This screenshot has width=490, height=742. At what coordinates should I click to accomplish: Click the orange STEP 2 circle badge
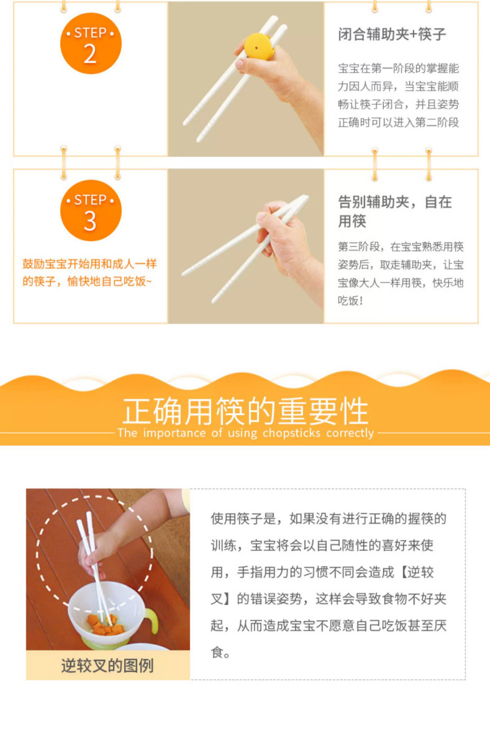[91, 43]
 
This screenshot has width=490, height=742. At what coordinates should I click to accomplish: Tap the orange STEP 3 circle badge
[91, 211]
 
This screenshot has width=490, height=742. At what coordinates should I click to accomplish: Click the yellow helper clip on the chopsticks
[258, 46]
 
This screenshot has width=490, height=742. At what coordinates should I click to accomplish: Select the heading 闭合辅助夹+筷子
[392, 35]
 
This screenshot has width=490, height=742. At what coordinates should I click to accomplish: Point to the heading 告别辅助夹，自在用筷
[395, 212]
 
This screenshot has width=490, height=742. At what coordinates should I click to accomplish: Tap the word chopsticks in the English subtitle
[292, 433]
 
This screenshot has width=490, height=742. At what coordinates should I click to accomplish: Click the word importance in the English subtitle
[174, 433]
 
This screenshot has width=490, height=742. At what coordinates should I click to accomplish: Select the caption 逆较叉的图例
[107, 666]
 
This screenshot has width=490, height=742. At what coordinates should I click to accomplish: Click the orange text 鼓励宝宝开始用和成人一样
[90, 264]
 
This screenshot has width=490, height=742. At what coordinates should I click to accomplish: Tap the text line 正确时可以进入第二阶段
[398, 123]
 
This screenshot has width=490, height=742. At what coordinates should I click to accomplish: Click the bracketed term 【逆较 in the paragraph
[417, 572]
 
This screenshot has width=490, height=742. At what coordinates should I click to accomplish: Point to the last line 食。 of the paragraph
[220, 652]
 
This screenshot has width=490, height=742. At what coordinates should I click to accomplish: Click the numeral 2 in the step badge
[90, 53]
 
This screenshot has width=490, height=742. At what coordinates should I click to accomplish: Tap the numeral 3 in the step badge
[90, 221]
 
